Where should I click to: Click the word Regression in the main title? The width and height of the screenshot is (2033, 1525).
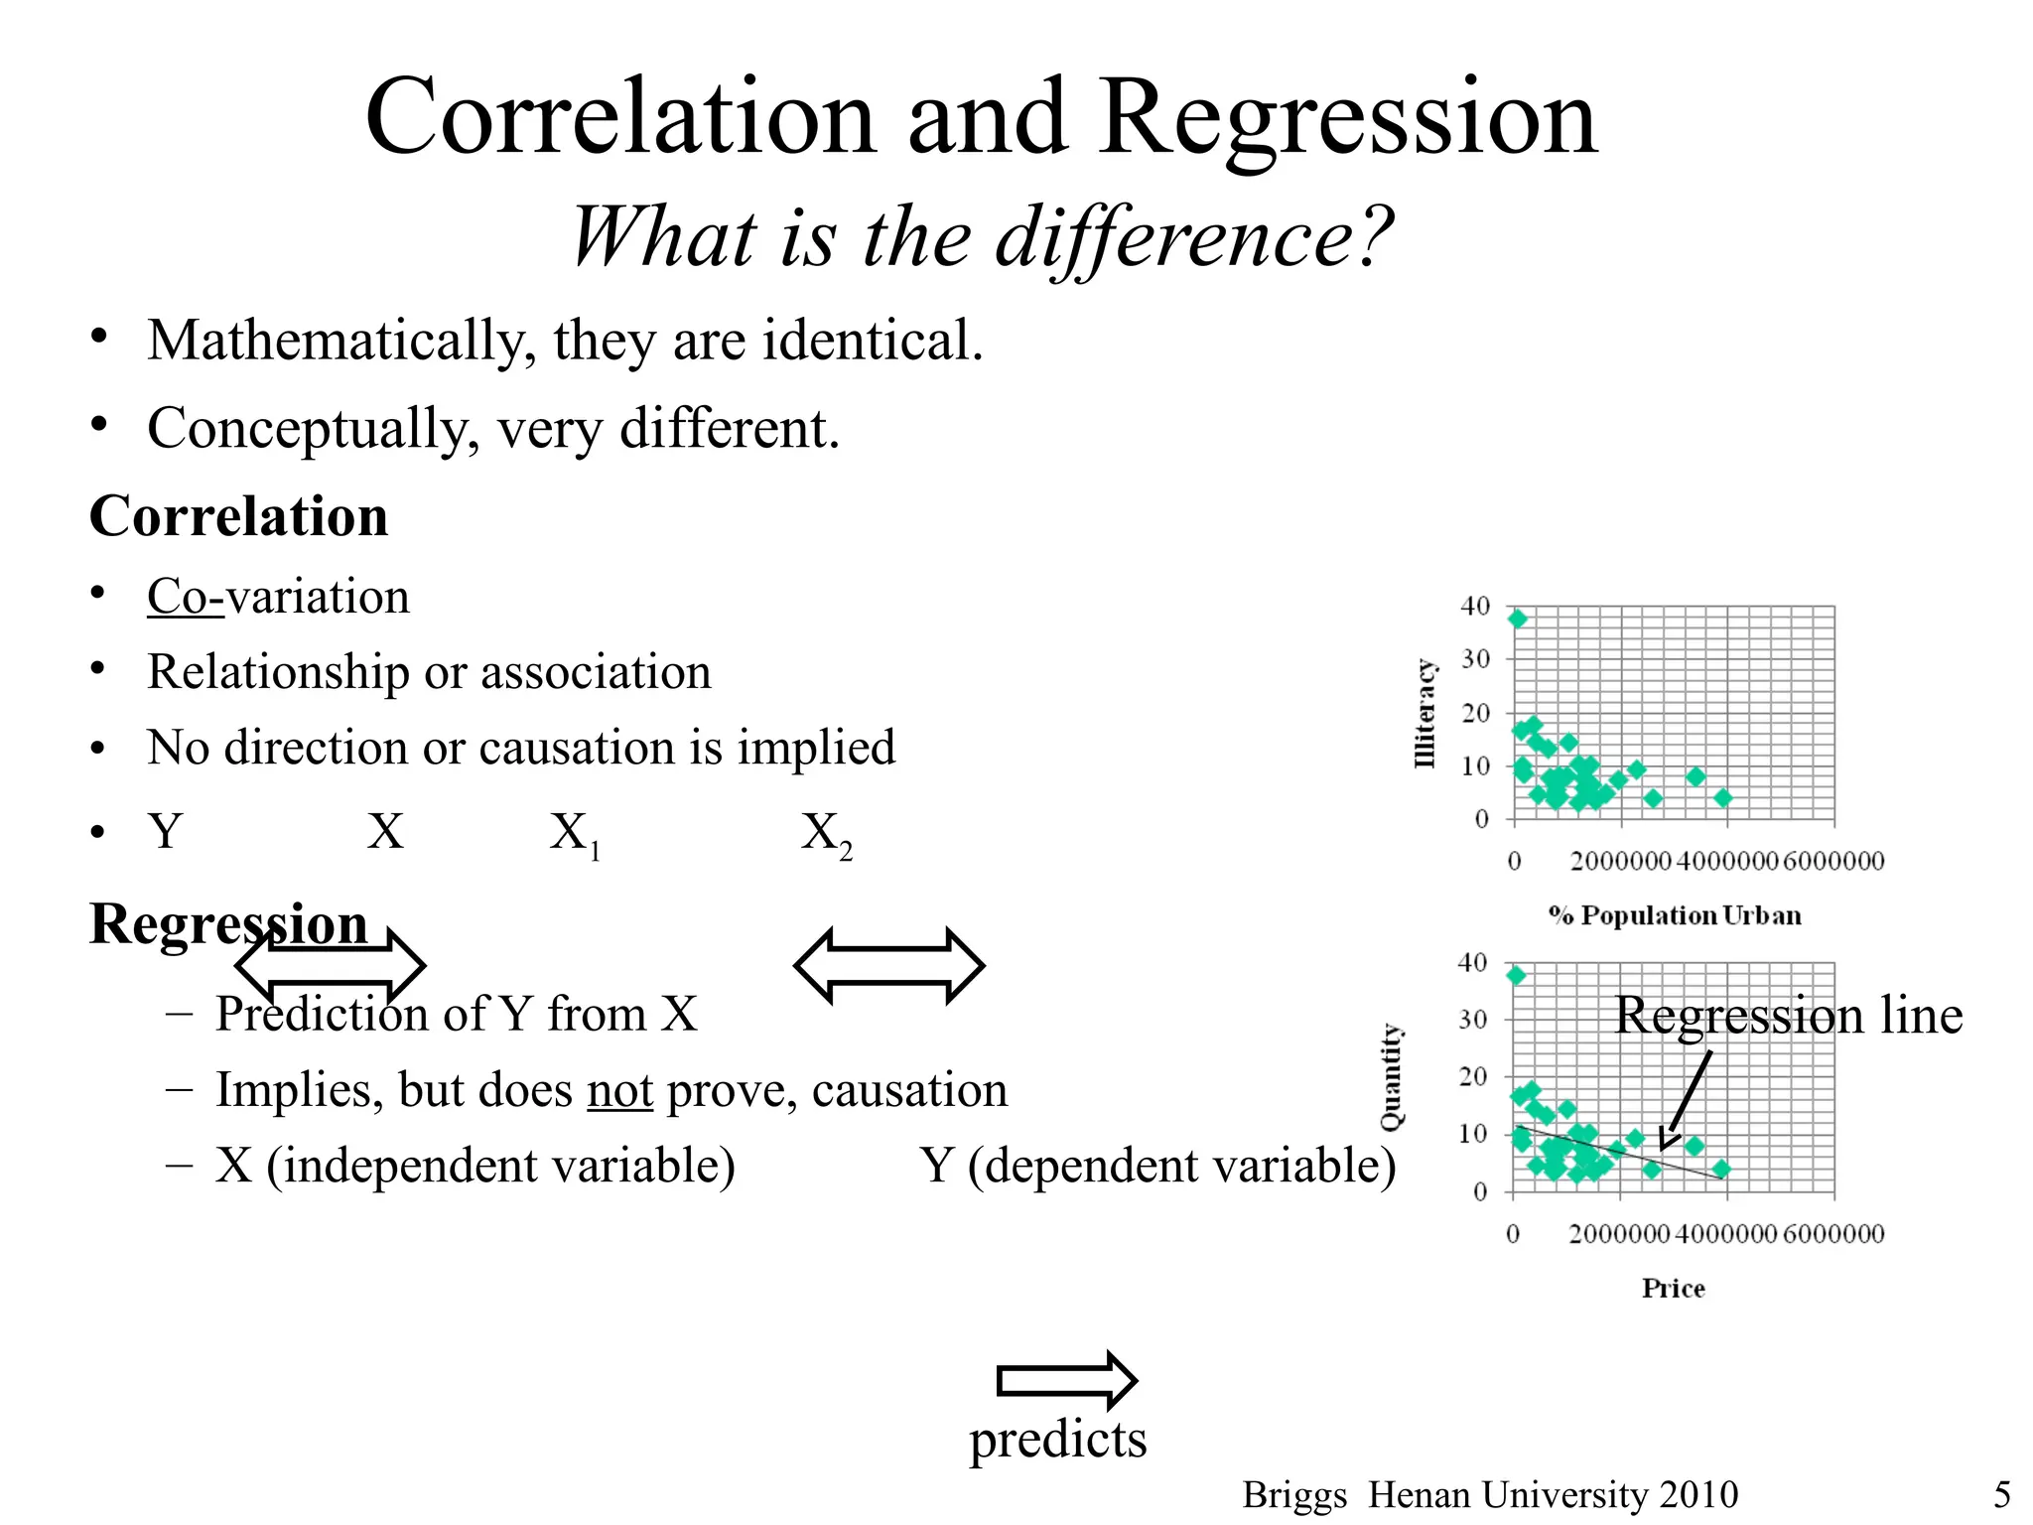click(1348, 119)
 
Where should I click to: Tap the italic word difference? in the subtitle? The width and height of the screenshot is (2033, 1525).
click(1193, 238)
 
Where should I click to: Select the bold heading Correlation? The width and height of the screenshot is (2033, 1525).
click(238, 516)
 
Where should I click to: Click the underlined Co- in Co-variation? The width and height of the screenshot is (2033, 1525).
click(186, 597)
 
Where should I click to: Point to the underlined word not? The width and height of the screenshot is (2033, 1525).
click(619, 1090)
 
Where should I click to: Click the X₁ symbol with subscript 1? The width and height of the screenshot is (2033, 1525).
click(574, 834)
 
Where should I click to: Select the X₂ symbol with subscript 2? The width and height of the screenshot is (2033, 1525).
click(825, 834)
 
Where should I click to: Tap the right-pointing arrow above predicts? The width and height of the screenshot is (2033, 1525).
click(1066, 1380)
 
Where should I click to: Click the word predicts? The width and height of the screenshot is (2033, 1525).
click(1057, 1439)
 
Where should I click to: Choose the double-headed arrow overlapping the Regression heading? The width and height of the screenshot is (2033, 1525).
click(331, 965)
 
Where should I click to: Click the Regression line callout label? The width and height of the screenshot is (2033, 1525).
click(1788, 1015)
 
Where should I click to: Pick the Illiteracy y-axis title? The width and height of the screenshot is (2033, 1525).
click(1424, 713)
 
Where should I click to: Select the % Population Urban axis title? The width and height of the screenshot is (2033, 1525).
click(1675, 915)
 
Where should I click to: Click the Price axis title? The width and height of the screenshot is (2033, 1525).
click(1673, 1289)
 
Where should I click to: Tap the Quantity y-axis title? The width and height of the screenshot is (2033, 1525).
click(1392, 1076)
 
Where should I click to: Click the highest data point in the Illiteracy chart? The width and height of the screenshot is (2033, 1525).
click(1518, 619)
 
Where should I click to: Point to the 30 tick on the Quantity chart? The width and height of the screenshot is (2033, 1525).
click(1472, 1020)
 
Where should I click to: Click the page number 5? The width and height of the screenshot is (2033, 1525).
click(2002, 1494)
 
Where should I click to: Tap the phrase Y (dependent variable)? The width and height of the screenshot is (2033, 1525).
click(1157, 1166)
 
